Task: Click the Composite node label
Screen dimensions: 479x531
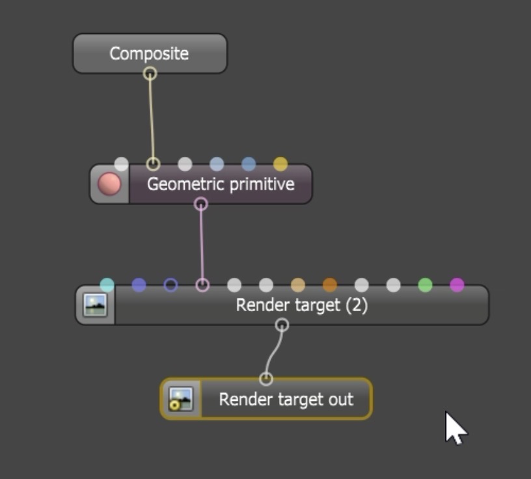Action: click(x=149, y=53)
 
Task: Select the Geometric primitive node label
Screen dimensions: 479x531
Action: click(x=221, y=184)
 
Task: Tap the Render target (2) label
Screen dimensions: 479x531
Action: click(x=301, y=305)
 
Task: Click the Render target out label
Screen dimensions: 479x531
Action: click(x=286, y=399)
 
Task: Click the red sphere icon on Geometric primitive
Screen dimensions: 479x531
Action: click(x=109, y=184)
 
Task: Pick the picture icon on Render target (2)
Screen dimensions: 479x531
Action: click(x=95, y=305)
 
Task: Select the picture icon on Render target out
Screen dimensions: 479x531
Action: click(x=180, y=399)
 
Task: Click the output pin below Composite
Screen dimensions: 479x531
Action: click(x=150, y=74)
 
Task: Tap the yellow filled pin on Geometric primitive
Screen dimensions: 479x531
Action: click(x=280, y=163)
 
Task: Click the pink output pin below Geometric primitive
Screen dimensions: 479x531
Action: click(x=201, y=204)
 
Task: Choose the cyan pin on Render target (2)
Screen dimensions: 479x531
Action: click(x=107, y=284)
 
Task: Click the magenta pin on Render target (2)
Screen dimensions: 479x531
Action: click(x=457, y=284)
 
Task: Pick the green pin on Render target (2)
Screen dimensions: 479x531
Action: click(x=425, y=284)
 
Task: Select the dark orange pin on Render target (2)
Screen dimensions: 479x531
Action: click(x=330, y=284)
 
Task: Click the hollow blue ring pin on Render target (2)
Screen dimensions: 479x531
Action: click(x=170, y=284)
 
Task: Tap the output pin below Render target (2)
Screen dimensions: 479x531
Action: click(x=282, y=325)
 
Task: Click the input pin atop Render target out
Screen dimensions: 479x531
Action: click(x=265, y=379)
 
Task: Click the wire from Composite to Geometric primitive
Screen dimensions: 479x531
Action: click(x=151, y=117)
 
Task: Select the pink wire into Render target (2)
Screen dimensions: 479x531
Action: click(x=202, y=244)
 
